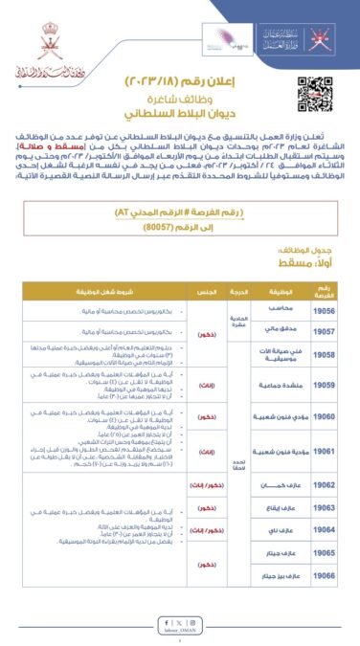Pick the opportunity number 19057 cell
tap(325, 332)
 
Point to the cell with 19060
tap(325, 417)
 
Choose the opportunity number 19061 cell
tap(325, 450)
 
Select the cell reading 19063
tap(325, 506)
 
